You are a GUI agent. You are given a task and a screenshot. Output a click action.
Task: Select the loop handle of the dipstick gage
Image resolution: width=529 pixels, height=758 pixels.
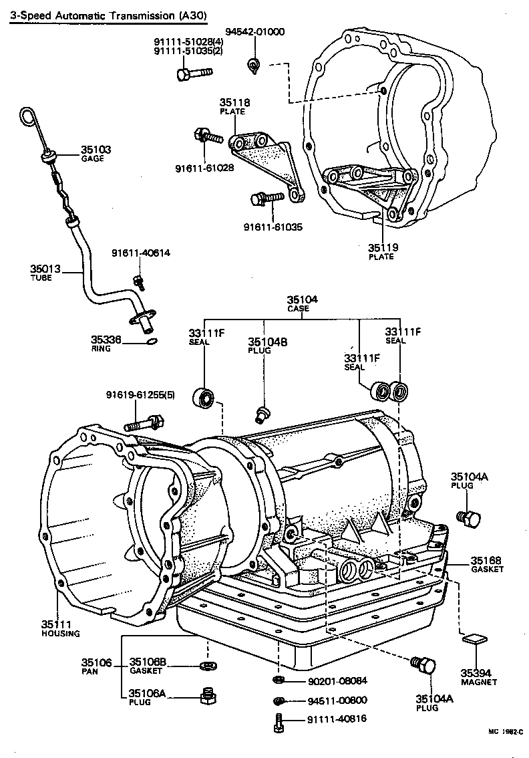pyautogui.click(x=27, y=116)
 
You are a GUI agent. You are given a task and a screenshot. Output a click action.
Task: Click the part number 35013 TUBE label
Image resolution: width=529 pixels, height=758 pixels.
pyautogui.click(x=45, y=269)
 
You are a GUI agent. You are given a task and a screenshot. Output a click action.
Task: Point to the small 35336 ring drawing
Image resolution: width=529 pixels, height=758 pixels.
pyautogui.click(x=152, y=342)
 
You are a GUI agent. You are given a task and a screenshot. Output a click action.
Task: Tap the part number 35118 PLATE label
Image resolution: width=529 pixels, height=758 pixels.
pyautogui.click(x=234, y=103)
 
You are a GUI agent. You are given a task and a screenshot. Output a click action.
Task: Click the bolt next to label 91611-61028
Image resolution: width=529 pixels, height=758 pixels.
pyautogui.click(x=208, y=136)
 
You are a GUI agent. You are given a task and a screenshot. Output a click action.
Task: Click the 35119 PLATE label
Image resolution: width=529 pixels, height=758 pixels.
pyautogui.click(x=383, y=247)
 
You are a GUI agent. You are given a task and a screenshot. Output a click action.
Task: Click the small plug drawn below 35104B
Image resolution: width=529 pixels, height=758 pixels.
pyautogui.click(x=261, y=414)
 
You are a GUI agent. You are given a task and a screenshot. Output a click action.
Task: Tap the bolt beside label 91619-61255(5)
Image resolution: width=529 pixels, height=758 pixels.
pyautogui.click(x=142, y=422)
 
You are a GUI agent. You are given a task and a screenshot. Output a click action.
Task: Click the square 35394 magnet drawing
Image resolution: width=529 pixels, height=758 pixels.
pyautogui.click(x=473, y=638)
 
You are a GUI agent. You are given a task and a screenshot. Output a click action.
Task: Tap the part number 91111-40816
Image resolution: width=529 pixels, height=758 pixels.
pyautogui.click(x=337, y=719)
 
